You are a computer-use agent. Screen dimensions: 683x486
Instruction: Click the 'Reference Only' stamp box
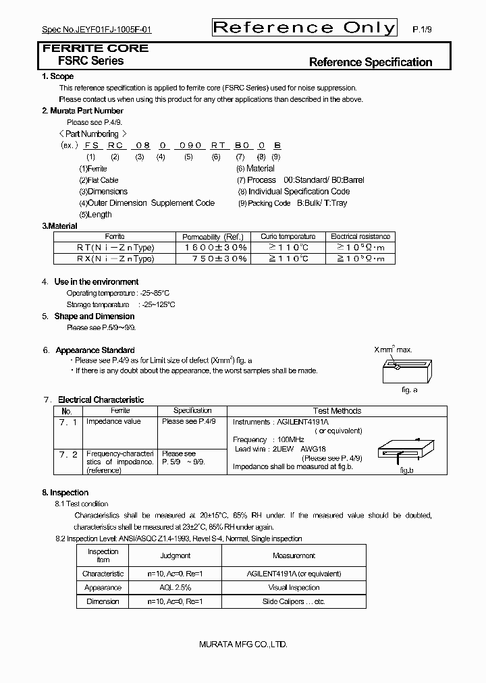[304, 27]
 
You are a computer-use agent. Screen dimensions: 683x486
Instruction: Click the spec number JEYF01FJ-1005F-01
[97, 30]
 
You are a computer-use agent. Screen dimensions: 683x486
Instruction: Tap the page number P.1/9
[422, 30]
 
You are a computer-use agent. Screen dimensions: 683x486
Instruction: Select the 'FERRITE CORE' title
[95, 49]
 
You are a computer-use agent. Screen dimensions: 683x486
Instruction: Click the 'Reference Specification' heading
[370, 62]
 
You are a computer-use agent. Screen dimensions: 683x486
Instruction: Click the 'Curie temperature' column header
[288, 237]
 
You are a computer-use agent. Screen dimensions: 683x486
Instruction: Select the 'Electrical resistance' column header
[360, 237]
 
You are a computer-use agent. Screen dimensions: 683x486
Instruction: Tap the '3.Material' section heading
[60, 226]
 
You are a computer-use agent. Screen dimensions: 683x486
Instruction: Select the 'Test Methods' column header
[337, 410]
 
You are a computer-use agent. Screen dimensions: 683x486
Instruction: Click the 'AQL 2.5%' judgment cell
[175, 587]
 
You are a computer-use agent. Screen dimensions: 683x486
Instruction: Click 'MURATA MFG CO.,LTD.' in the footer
[243, 645]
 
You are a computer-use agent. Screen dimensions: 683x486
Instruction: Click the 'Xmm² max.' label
[394, 350]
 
